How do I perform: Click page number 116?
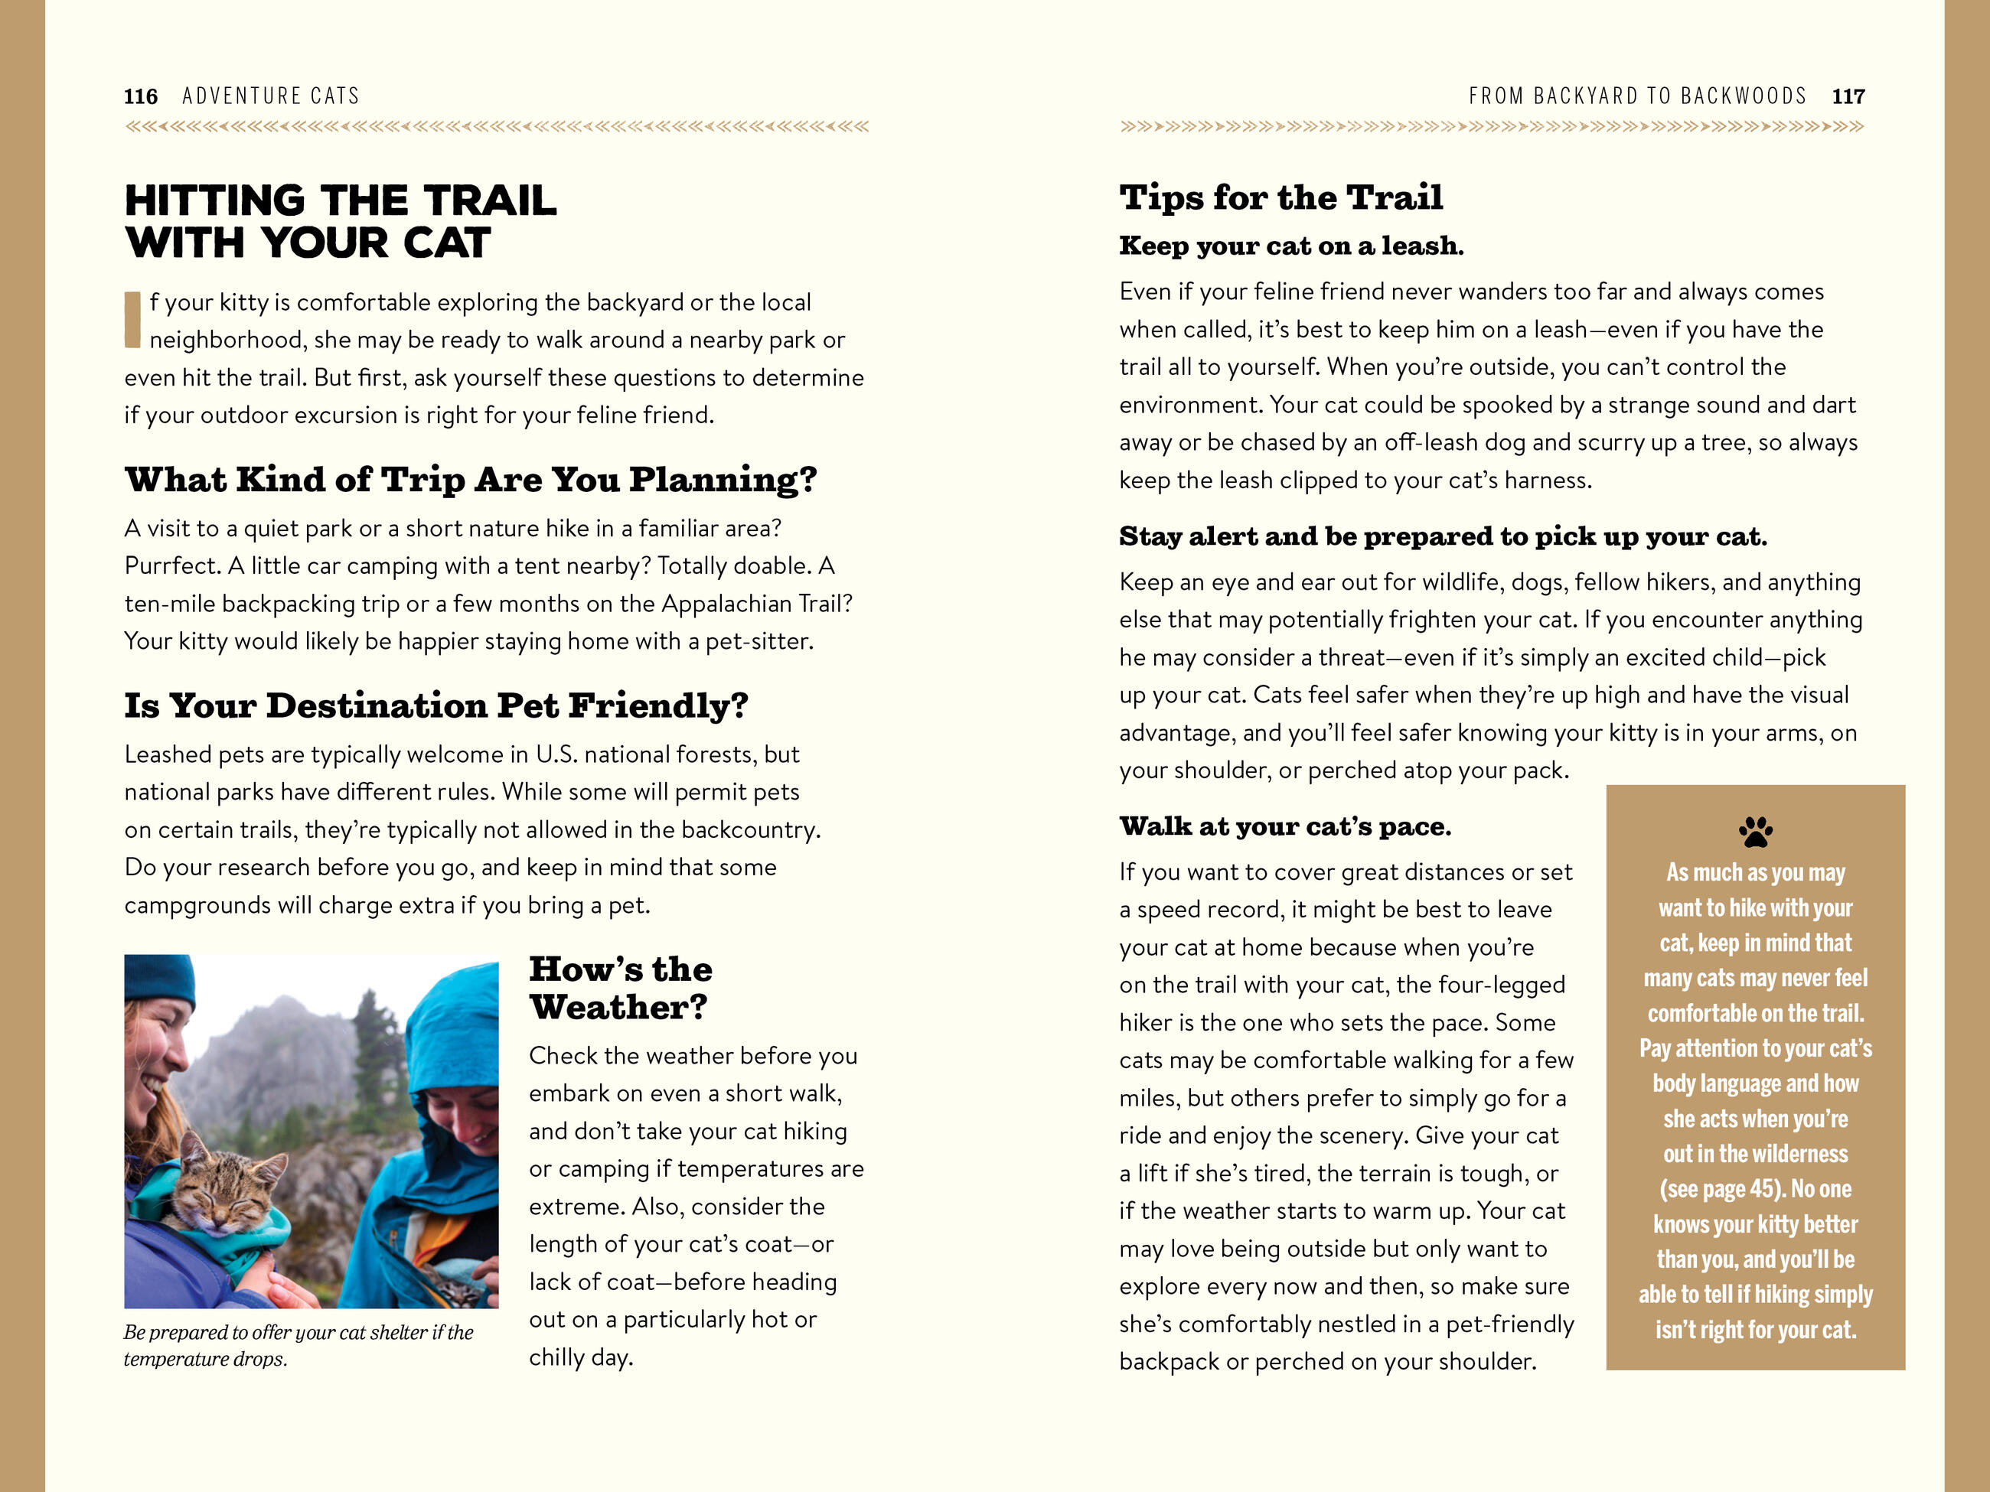140,96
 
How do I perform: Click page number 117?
1848,96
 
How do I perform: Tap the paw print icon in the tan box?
1755,831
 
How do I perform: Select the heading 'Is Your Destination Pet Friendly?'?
436,706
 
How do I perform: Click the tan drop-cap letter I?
132,319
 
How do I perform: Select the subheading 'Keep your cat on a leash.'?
1291,246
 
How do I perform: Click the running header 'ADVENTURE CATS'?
271,96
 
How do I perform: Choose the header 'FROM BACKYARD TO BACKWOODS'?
1637,96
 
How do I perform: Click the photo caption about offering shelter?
298,1344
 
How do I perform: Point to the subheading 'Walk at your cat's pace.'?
1284,826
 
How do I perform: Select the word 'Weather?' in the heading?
618,1007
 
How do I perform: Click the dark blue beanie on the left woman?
159,980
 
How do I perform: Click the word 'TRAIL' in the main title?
489,200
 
